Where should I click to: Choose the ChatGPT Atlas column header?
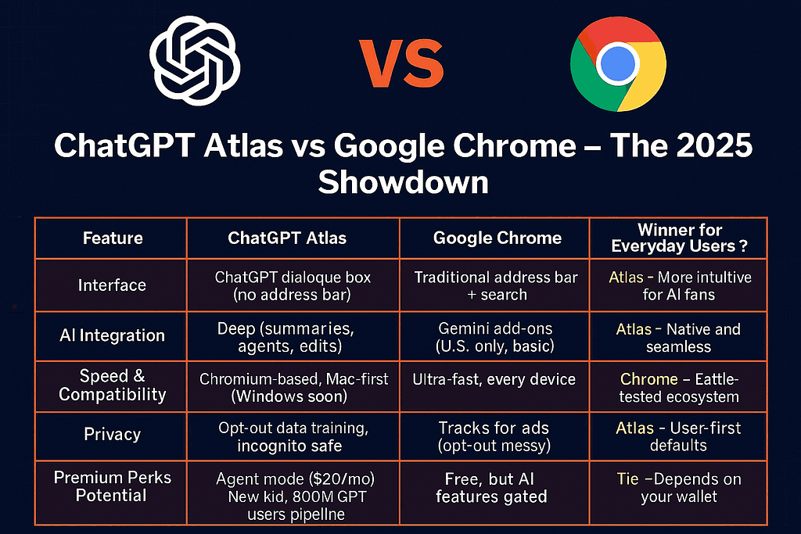click(292, 238)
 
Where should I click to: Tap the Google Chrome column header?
click(497, 238)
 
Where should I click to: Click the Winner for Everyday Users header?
click(679, 238)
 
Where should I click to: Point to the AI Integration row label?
click(112, 335)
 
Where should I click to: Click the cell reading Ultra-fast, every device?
click(494, 379)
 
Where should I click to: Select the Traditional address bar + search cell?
click(495, 285)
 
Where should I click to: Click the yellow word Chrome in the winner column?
click(648, 379)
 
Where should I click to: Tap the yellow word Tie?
click(627, 478)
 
